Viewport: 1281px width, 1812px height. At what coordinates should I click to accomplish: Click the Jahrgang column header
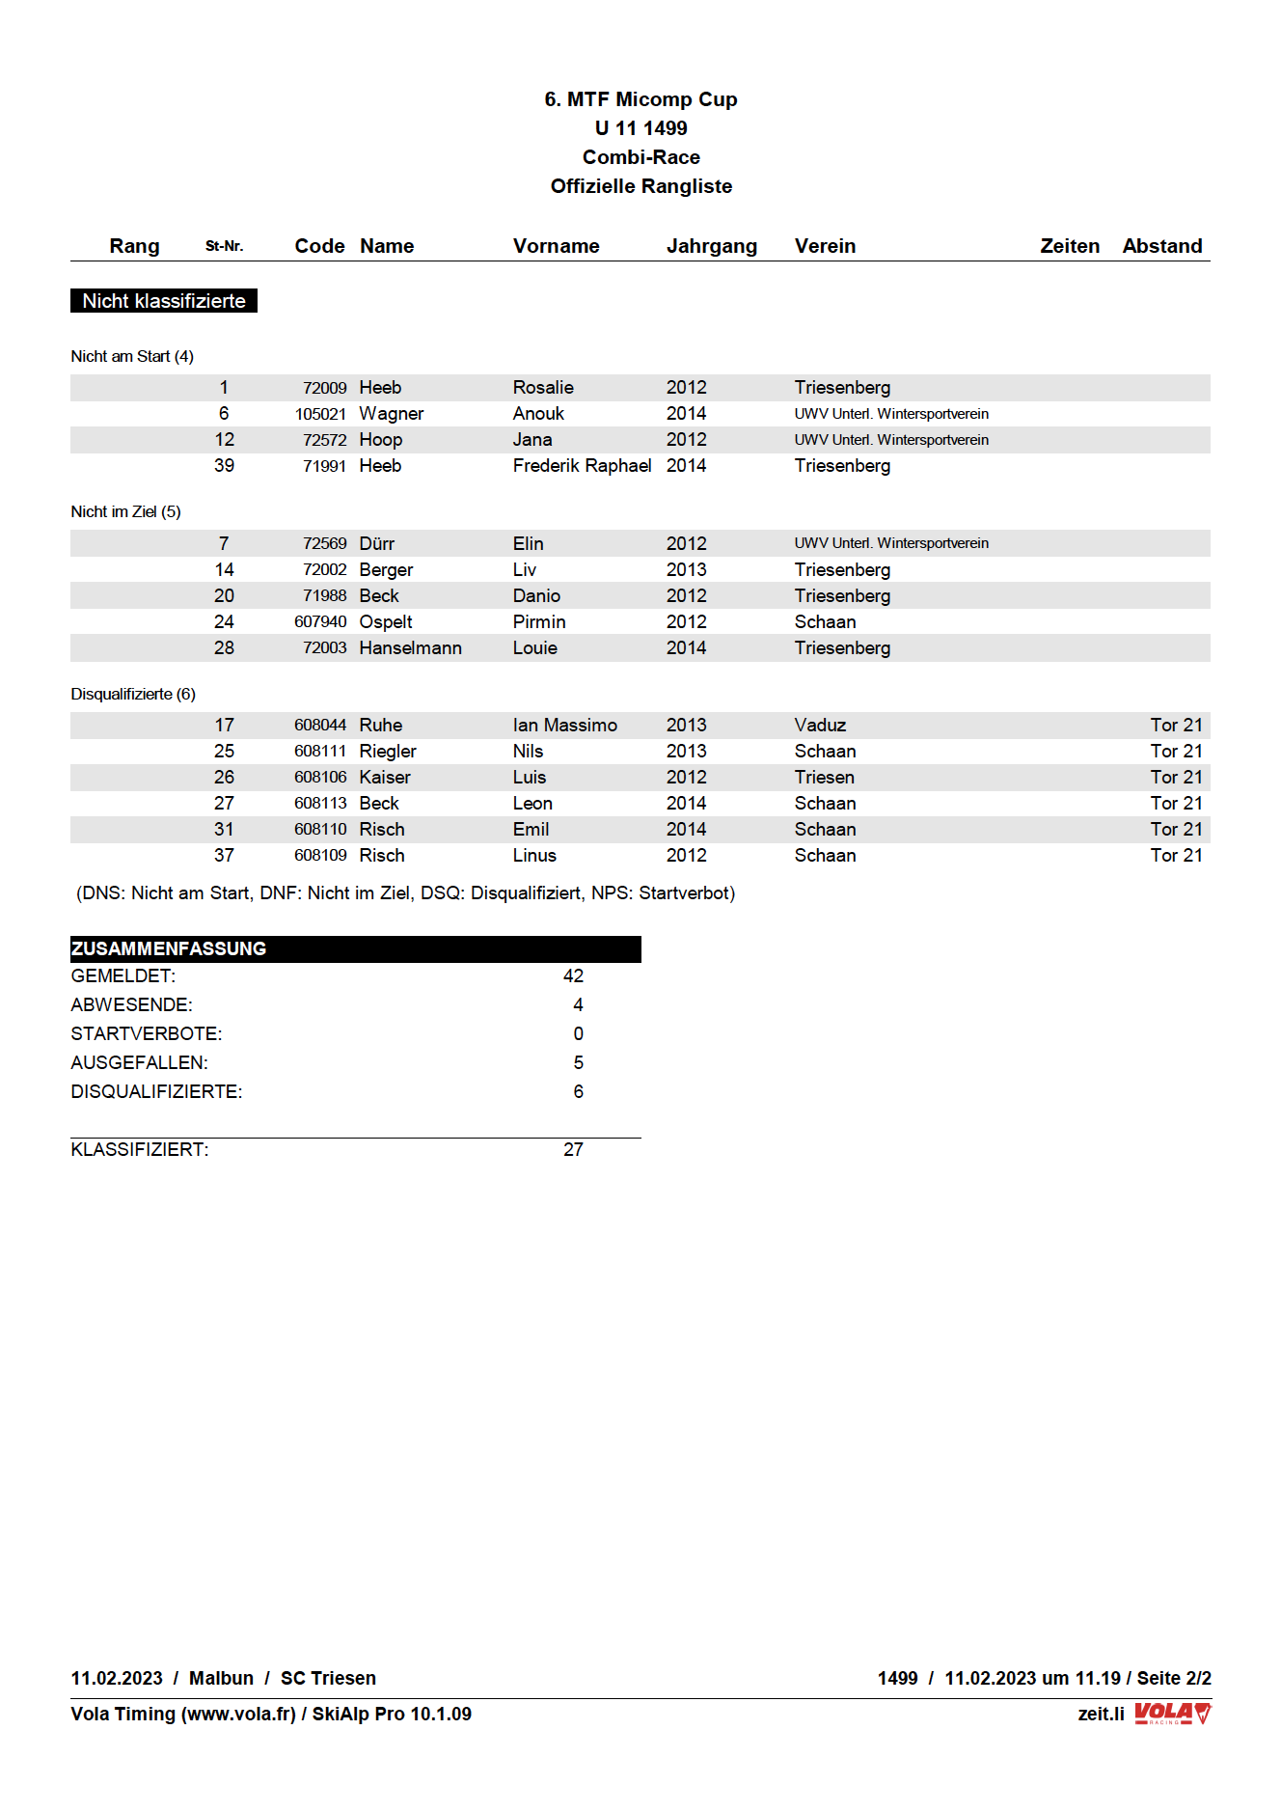pos(711,246)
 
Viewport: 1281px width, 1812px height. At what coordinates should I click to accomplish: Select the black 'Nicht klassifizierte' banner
pos(164,301)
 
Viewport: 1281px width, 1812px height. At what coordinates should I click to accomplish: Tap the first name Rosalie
pos(543,388)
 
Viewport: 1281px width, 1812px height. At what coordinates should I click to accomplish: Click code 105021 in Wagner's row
pos(320,414)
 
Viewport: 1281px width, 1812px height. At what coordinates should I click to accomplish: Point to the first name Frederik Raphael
pos(582,466)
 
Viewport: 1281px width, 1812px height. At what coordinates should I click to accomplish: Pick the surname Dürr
pos(376,544)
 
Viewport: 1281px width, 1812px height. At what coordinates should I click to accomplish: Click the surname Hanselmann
pos(410,648)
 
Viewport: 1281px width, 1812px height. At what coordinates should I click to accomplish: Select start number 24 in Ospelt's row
pos(224,622)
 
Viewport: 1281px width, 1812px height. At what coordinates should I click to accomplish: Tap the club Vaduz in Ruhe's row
pos(820,726)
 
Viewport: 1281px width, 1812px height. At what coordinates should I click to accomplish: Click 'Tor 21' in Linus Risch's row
pos(1176,856)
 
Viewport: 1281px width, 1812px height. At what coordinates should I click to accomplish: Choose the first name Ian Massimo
pos(564,726)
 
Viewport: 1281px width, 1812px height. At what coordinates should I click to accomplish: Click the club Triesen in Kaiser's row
pos(824,778)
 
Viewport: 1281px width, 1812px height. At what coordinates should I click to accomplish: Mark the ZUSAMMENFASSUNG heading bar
pos(355,949)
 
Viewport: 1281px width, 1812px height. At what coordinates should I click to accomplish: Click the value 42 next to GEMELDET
pos(573,976)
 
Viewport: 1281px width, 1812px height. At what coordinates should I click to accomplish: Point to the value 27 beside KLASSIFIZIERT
pos(573,1150)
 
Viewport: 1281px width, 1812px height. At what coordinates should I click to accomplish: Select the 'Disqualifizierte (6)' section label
pos(133,695)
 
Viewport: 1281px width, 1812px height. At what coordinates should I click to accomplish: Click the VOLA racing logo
pos(1172,1714)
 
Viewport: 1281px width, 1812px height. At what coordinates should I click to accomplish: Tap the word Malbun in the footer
pos(221,1678)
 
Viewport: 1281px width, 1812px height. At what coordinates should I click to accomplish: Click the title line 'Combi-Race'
pos(640,157)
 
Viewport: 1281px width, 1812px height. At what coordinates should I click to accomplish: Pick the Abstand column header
pos(1161,246)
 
